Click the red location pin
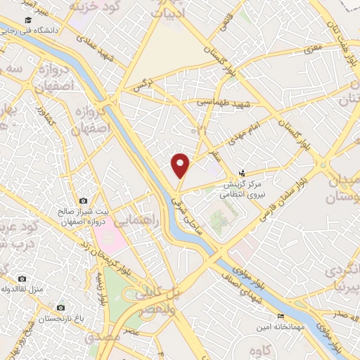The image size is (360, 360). pos(181,165)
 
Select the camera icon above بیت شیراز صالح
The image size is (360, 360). pos(84,201)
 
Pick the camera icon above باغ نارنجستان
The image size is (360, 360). pos(61,307)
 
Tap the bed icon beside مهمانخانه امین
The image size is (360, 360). pos(282,316)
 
